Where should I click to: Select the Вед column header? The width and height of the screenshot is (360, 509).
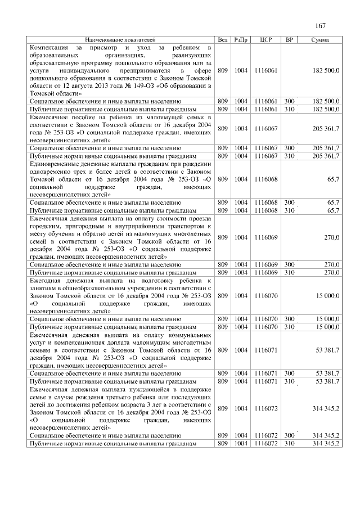pyautogui.click(x=223, y=40)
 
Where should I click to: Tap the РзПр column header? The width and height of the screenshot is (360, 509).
pyautogui.click(x=241, y=40)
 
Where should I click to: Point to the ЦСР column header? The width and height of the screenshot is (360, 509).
pyautogui.click(x=267, y=40)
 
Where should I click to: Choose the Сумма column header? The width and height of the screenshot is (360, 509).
pyautogui.click(x=319, y=40)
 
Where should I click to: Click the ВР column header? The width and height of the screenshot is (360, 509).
pyautogui.click(x=290, y=40)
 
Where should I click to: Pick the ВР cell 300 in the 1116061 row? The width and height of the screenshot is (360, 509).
pyautogui.click(x=290, y=101)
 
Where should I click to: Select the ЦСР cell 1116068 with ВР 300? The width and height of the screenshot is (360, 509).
pyautogui.click(x=266, y=202)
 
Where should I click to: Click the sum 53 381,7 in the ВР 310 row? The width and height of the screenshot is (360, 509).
pyautogui.click(x=327, y=381)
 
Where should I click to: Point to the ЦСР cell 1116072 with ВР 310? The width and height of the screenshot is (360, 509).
pyautogui.click(x=266, y=443)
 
